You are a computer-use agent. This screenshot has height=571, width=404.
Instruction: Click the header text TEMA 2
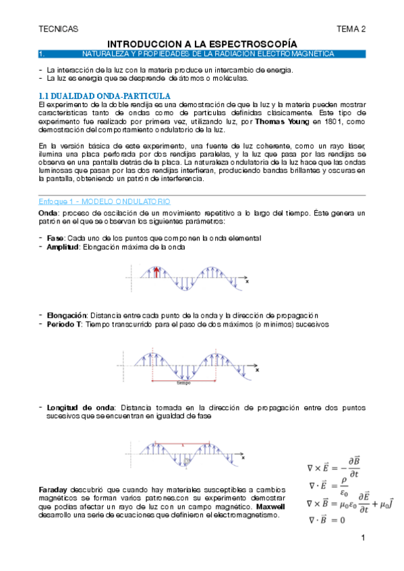click(351, 29)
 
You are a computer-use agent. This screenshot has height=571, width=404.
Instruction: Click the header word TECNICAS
click(59, 29)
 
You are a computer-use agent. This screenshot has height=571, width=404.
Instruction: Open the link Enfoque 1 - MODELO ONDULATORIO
click(105, 202)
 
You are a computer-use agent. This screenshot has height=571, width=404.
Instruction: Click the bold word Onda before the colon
click(48, 213)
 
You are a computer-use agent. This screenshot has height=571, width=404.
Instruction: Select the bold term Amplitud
click(63, 247)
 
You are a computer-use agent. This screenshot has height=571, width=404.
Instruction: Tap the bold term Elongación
click(67, 315)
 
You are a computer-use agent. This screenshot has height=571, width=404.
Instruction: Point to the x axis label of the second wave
click(257, 370)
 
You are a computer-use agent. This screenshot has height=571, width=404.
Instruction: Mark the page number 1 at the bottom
click(363, 539)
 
